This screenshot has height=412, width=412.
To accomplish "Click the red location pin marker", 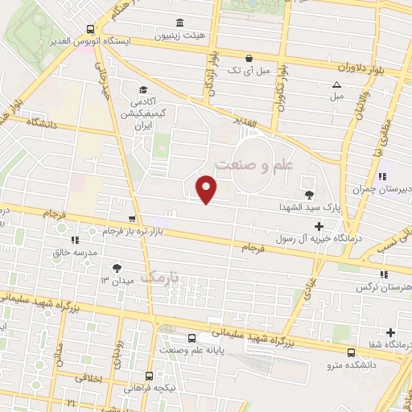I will click(207, 189).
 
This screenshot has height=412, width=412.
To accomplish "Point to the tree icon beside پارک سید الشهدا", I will click(310, 195).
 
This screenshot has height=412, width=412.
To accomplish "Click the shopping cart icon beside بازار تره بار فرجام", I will click(132, 218).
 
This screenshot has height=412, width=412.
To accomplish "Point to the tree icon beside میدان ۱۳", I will click(118, 266).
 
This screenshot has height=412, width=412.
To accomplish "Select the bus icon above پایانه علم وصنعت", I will click(192, 338).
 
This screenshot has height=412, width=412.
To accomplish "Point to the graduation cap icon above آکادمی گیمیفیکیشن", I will click(143, 89).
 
